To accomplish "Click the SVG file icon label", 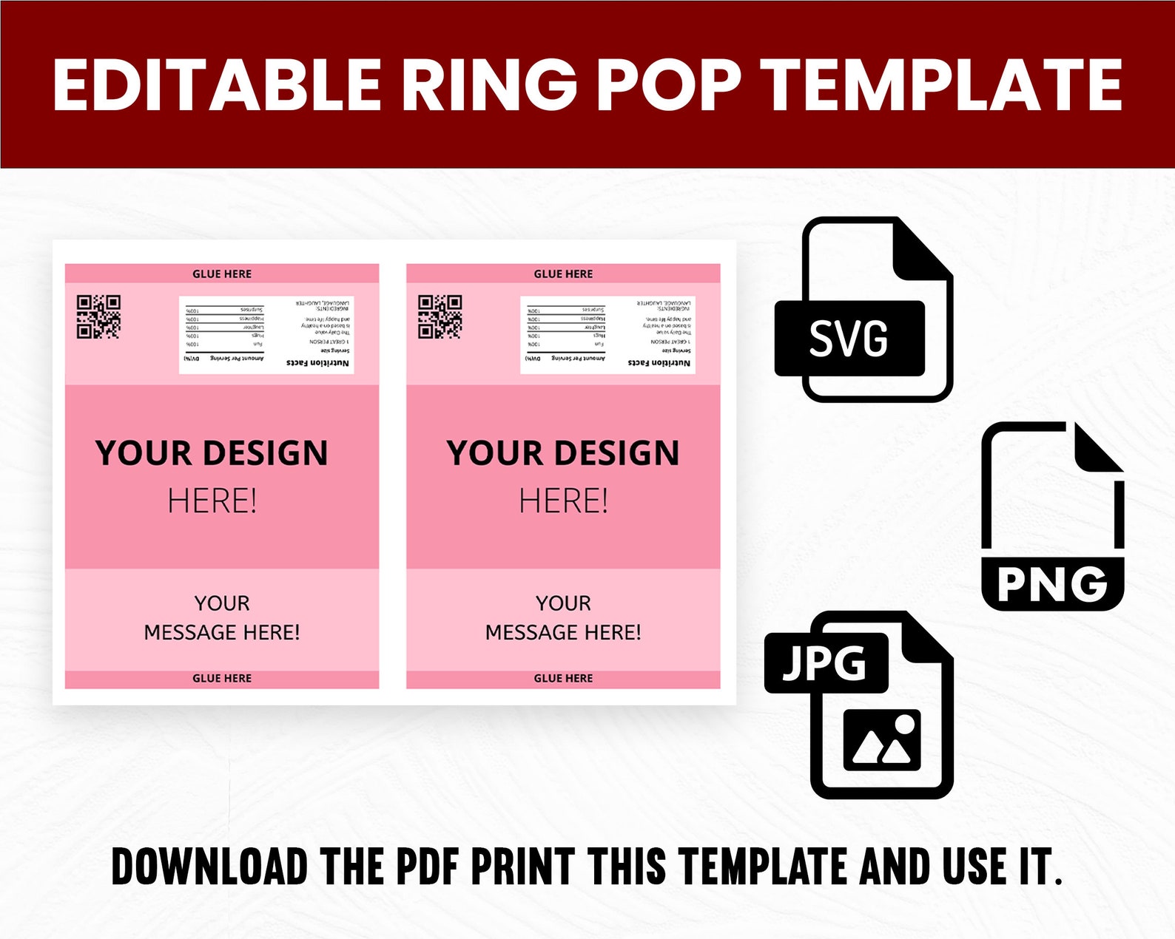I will click(849, 339).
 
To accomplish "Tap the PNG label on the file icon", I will click(1052, 584).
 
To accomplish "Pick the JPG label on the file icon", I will click(825, 662).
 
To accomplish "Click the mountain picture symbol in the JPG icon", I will click(882, 740).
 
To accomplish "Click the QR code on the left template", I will click(98, 316).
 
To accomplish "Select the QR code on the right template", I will click(440, 316).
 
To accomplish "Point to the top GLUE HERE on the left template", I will click(222, 274).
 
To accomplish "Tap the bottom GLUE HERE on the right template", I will click(563, 678).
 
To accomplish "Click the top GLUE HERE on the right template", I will click(563, 274).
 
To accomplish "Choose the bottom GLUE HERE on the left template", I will click(222, 678).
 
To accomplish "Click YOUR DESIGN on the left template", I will click(212, 452).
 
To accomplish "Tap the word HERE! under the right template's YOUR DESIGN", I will click(563, 501).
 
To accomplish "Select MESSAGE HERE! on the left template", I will click(222, 632).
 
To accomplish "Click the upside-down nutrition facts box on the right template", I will click(607, 334).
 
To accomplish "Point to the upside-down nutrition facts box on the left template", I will click(266, 334).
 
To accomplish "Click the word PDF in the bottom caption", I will click(427, 867).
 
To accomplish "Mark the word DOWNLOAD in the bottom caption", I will click(209, 867).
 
